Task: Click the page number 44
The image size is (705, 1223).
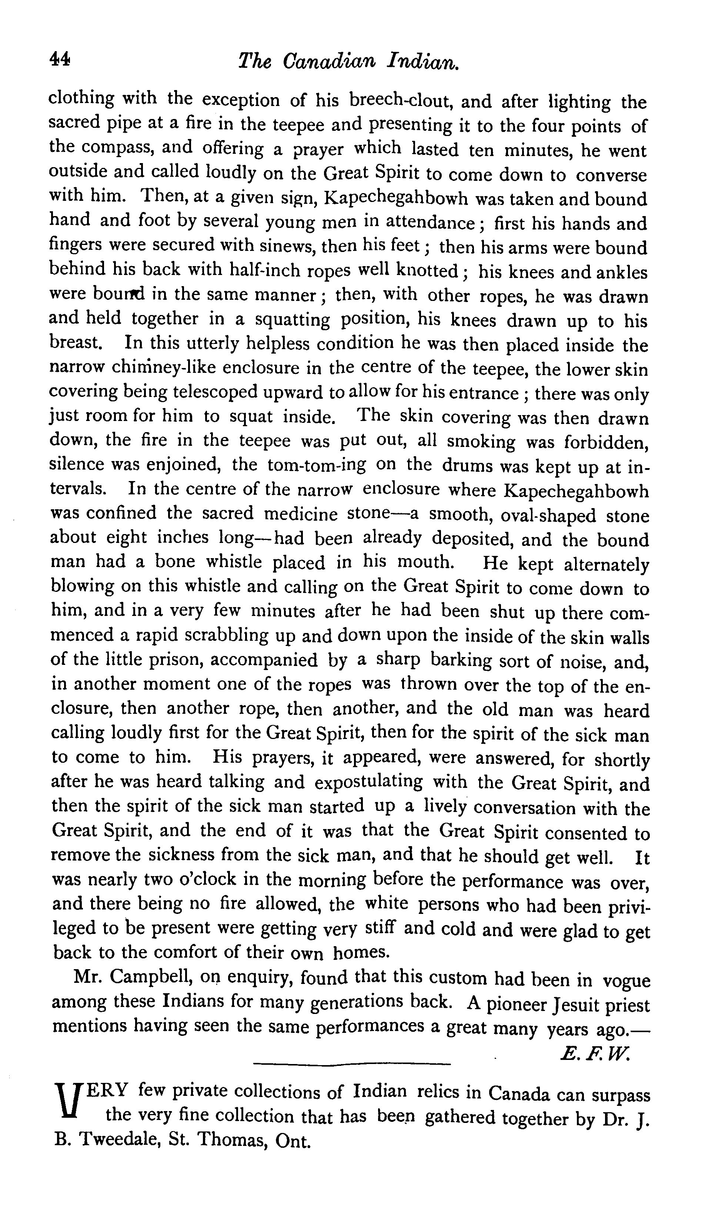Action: (x=60, y=60)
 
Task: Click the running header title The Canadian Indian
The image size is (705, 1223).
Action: (x=349, y=62)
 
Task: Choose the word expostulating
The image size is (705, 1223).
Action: (x=368, y=783)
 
